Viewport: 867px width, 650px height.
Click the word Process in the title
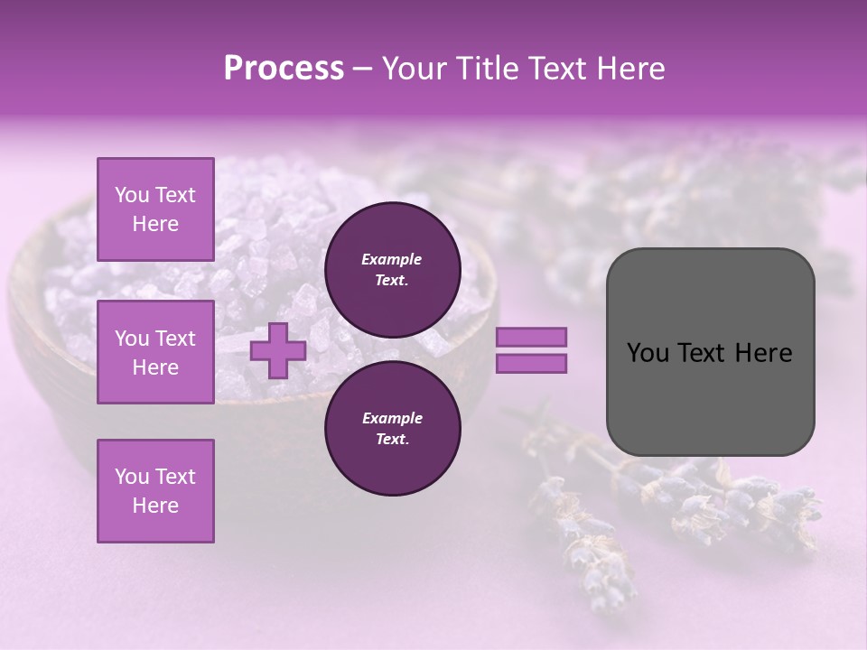point(284,69)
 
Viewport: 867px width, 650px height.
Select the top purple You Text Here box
point(155,209)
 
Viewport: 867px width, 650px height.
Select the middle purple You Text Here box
point(155,352)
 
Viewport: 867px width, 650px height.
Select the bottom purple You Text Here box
point(155,491)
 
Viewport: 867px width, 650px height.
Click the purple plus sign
point(277,350)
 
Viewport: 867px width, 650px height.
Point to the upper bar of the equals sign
point(531,337)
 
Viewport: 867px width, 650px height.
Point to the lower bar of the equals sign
point(531,364)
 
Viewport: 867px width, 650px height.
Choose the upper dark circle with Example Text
point(392,269)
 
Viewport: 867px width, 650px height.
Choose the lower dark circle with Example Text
point(392,428)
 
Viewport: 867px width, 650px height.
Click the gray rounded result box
point(710,351)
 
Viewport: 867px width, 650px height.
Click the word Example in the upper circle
point(391,259)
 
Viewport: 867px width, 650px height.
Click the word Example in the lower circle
point(392,418)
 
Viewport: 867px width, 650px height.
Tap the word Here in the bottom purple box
point(155,506)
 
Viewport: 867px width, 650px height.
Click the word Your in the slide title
point(412,69)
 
